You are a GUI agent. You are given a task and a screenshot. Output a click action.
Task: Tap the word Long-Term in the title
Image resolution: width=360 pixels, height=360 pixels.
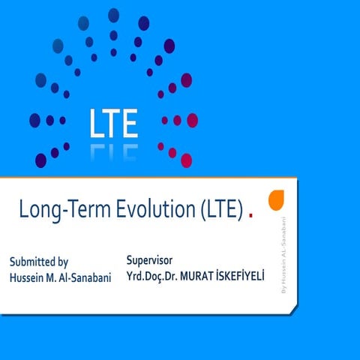pyautogui.click(x=53, y=211)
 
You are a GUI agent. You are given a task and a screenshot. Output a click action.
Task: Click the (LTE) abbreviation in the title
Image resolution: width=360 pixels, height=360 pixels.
pyautogui.click(x=220, y=211)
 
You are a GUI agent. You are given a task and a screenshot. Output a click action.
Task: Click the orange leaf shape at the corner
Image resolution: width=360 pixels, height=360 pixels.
pyautogui.click(x=276, y=200)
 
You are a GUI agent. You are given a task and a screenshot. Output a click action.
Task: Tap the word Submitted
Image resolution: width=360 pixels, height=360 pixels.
pyautogui.click(x=33, y=262)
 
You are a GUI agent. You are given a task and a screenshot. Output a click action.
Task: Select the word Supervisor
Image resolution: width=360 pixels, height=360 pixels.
pyautogui.click(x=150, y=259)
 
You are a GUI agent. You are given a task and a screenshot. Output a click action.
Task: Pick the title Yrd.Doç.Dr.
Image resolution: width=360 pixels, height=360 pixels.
pyautogui.click(x=157, y=276)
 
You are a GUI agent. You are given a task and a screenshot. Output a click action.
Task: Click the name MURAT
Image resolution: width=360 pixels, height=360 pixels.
pyautogui.click(x=208, y=276)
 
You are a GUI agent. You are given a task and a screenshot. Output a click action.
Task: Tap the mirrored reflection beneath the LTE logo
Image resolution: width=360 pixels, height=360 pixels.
pyautogui.click(x=113, y=151)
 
